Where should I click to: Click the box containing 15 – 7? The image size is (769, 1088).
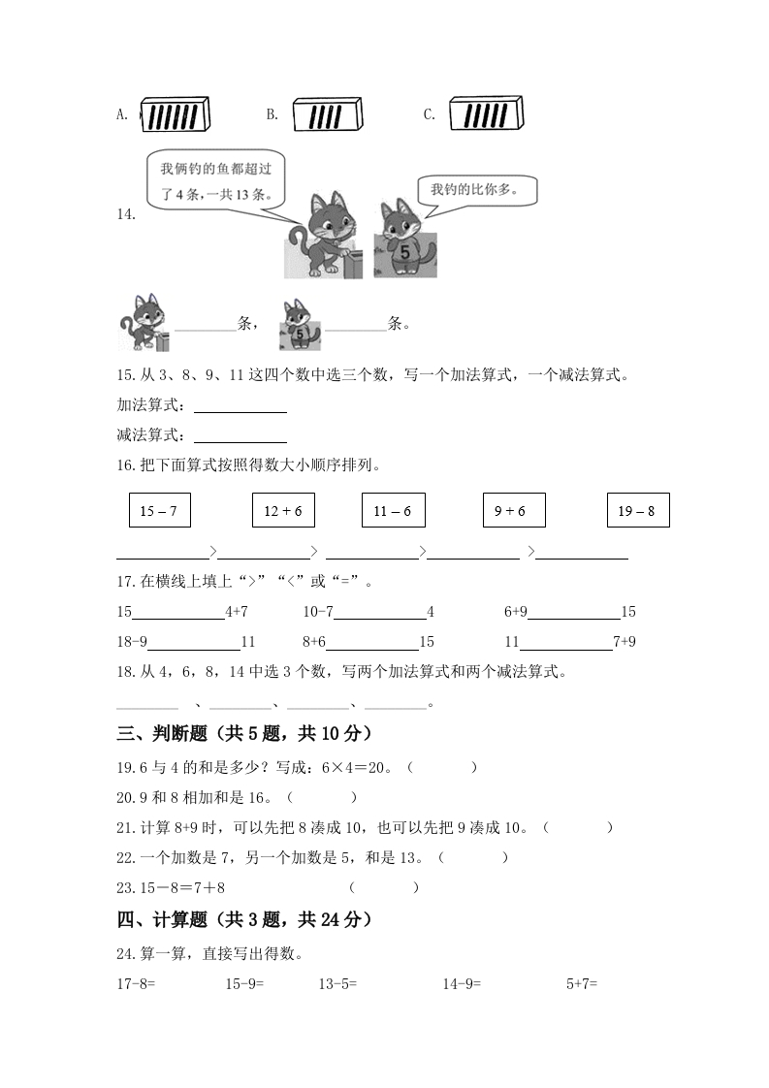(159, 510)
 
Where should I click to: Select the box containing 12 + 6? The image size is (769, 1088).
(283, 510)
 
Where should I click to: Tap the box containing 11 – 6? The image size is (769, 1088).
(393, 510)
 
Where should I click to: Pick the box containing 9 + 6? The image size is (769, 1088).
(514, 510)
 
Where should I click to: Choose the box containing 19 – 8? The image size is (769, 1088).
(637, 510)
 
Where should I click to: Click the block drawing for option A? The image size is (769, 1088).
(176, 115)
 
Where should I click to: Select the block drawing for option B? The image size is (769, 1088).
(327, 115)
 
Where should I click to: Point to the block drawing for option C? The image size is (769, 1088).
(486, 114)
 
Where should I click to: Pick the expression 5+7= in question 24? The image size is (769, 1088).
(582, 983)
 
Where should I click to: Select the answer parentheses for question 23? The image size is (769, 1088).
(384, 887)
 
